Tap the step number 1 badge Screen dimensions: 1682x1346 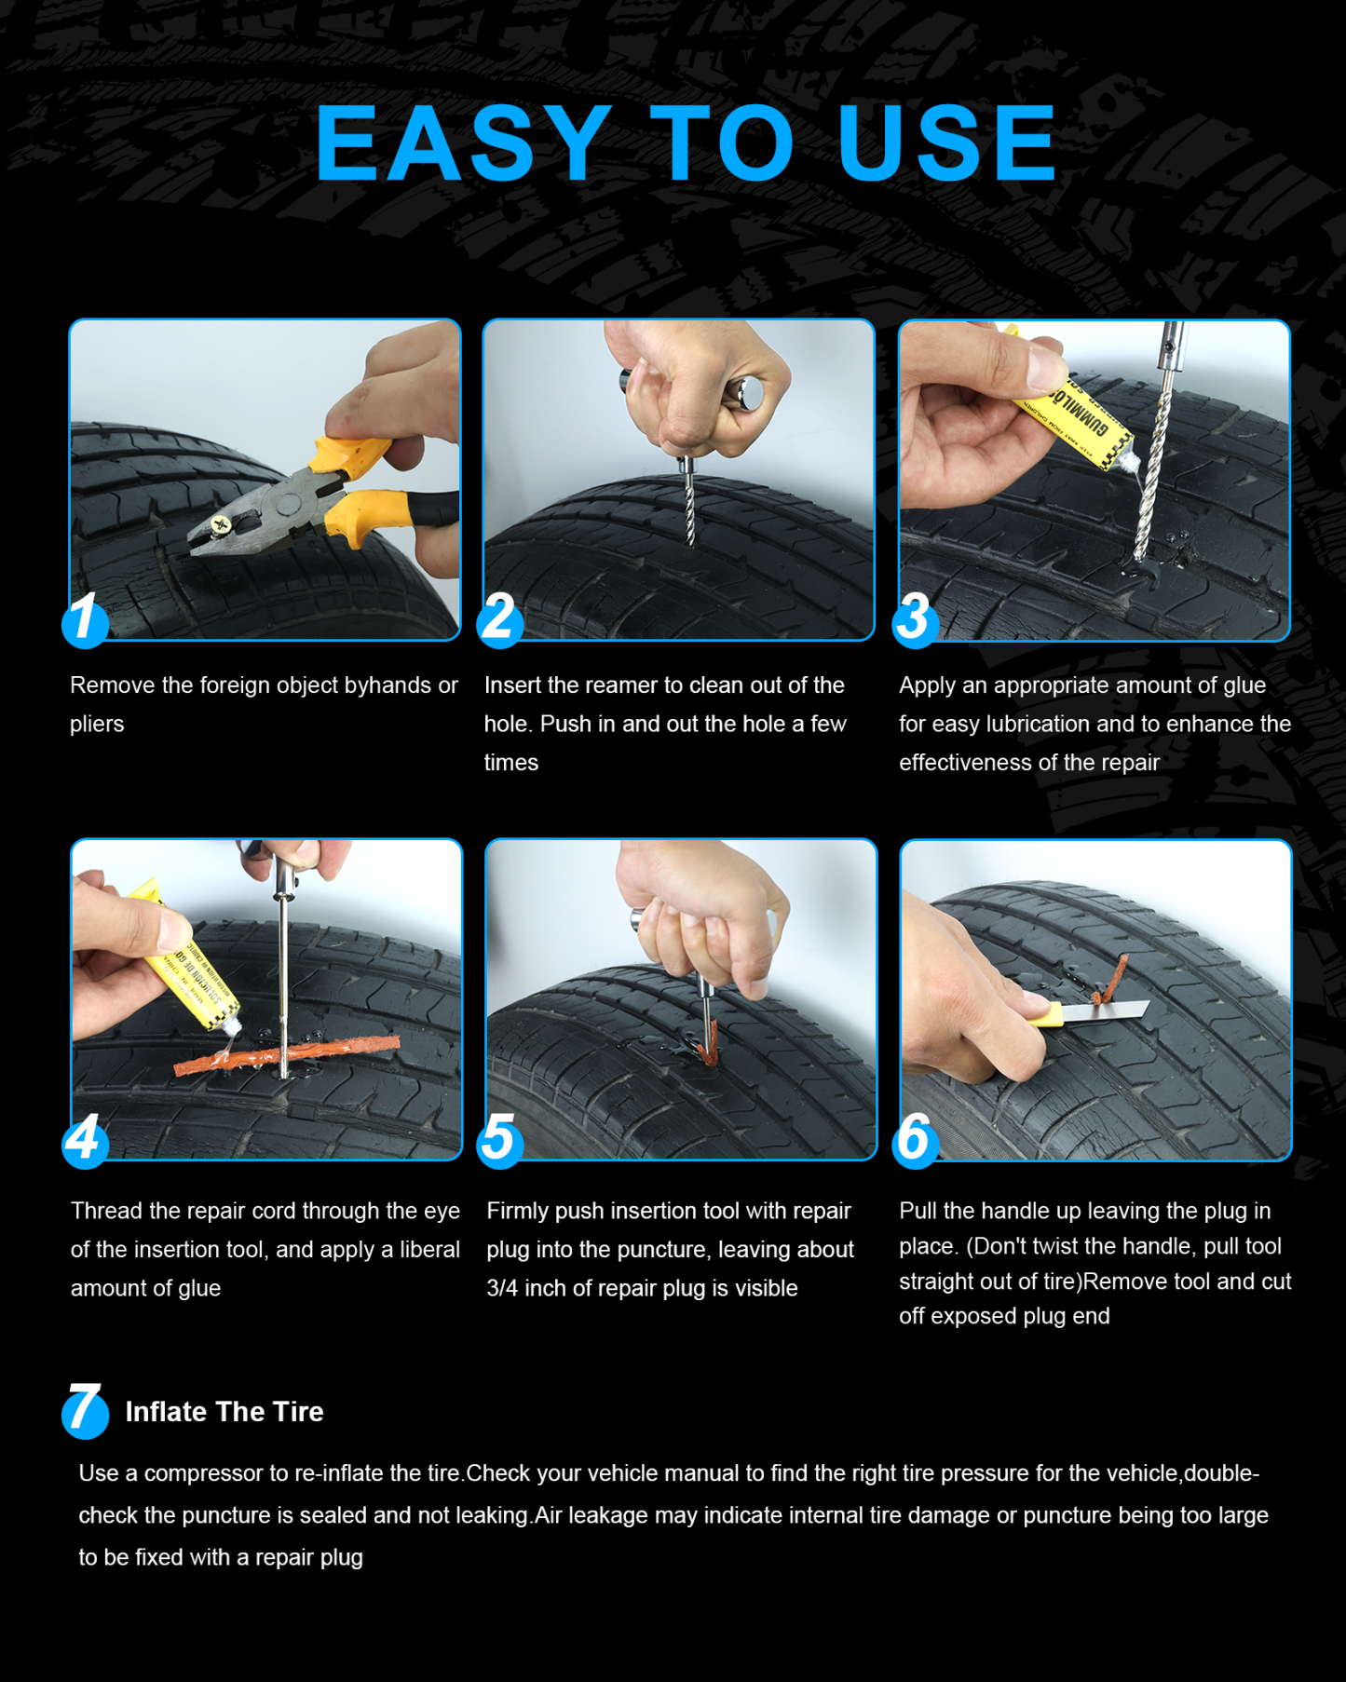(x=85, y=619)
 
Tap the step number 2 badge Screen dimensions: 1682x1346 (x=499, y=619)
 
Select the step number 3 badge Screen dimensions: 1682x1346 (x=915, y=619)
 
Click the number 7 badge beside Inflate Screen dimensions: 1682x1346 (x=85, y=1411)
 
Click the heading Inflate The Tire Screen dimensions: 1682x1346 (x=224, y=1412)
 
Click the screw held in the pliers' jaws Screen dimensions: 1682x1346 (x=222, y=526)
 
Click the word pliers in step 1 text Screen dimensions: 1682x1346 (x=97, y=725)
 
